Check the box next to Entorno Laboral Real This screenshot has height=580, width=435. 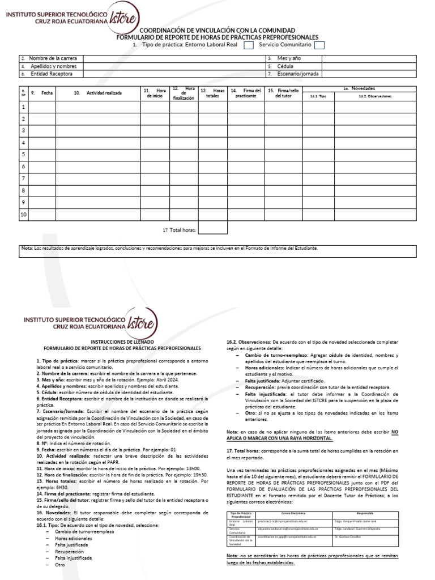(x=248, y=45)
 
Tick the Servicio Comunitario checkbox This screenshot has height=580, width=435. (x=319, y=45)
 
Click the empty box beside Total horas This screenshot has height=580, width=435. (x=213, y=228)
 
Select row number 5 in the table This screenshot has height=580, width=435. (x=24, y=154)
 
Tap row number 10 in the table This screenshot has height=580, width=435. (x=24, y=214)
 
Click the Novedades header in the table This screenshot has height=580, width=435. (x=363, y=89)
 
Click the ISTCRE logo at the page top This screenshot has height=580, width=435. (x=123, y=19)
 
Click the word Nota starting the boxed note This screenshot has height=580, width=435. (x=27, y=248)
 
